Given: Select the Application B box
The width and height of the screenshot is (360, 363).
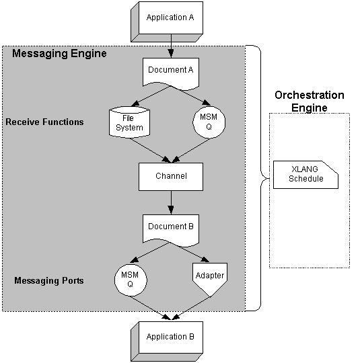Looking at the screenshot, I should [x=170, y=337].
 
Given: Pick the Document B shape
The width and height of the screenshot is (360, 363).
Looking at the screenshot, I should [x=171, y=227].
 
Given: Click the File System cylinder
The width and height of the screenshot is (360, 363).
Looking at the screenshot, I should [x=127, y=122].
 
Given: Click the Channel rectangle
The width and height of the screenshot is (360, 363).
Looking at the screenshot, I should [x=171, y=176].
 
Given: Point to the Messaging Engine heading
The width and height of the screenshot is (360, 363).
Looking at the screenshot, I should [x=59, y=54].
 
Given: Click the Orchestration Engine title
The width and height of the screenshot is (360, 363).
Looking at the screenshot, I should [x=309, y=102].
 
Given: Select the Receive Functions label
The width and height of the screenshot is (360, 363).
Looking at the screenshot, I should [x=44, y=122].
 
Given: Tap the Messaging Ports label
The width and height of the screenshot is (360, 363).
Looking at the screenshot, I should [x=49, y=280].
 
